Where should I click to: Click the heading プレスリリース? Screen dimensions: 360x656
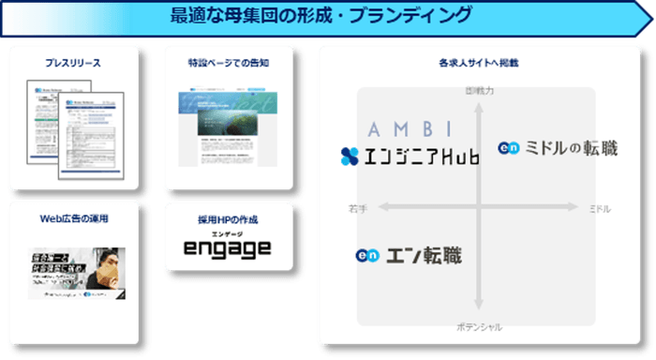pyautogui.click(x=73, y=64)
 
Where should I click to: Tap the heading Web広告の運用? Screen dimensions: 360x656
pyautogui.click(x=74, y=218)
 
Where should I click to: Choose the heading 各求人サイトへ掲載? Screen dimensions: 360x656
pyautogui.click(x=478, y=64)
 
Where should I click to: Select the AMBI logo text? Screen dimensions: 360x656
pyautogui.click(x=410, y=129)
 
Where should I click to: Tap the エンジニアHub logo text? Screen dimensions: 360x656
pyautogui.click(x=421, y=157)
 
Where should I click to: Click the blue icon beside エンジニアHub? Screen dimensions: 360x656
pyautogui.click(x=350, y=157)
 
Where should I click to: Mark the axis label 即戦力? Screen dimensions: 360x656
pyautogui.click(x=479, y=91)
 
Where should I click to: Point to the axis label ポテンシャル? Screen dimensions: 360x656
pyautogui.click(x=479, y=327)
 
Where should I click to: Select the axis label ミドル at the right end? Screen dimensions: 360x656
pyautogui.click(x=600, y=208)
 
